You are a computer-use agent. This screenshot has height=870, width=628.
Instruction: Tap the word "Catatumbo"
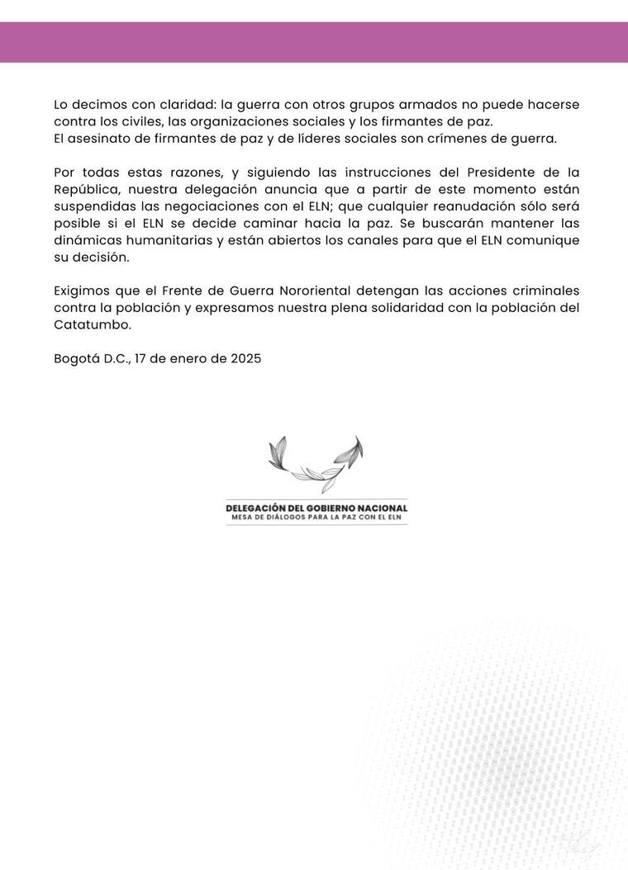click(x=92, y=324)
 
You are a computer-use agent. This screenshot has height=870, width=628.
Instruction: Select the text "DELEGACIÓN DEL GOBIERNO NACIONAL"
click(x=316, y=508)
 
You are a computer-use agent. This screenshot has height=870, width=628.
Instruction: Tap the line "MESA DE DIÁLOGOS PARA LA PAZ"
click(x=316, y=518)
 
